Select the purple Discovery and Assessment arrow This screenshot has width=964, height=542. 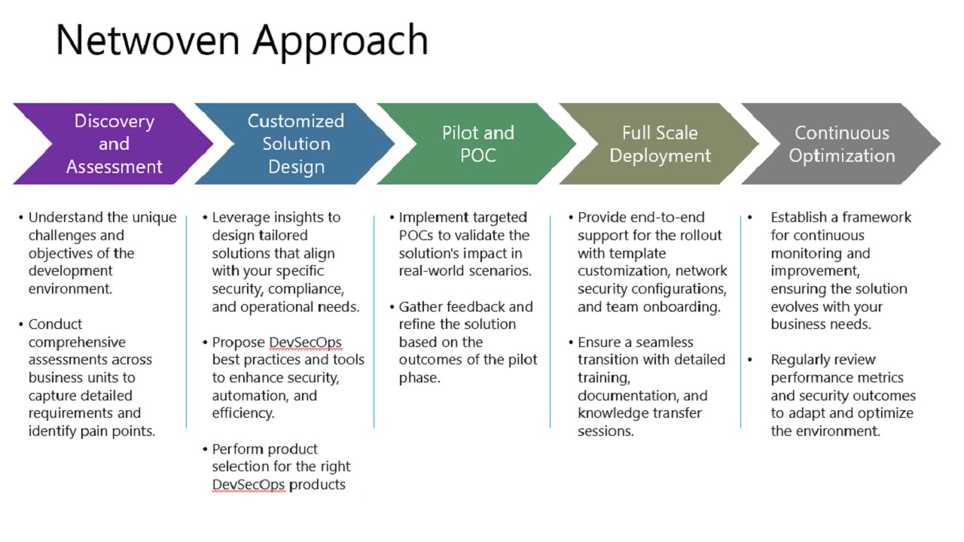pyautogui.click(x=114, y=144)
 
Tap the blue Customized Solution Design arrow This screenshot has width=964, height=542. pyautogui.click(x=296, y=144)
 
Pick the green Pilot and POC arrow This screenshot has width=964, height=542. pyautogui.click(x=477, y=144)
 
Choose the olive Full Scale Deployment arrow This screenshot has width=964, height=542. pyautogui.click(x=660, y=144)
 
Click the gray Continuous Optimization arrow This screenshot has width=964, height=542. pyautogui.click(x=841, y=144)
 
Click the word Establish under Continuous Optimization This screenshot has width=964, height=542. pyautogui.click(x=802, y=218)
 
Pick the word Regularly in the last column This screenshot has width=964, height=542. pyautogui.click(x=802, y=360)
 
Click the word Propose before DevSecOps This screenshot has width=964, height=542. pyautogui.click(x=238, y=343)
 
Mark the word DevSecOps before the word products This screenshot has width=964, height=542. pyautogui.click(x=249, y=485)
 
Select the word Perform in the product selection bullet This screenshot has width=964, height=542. pyautogui.click(x=238, y=449)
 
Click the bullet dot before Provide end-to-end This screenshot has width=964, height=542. pyautogui.click(x=571, y=218)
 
